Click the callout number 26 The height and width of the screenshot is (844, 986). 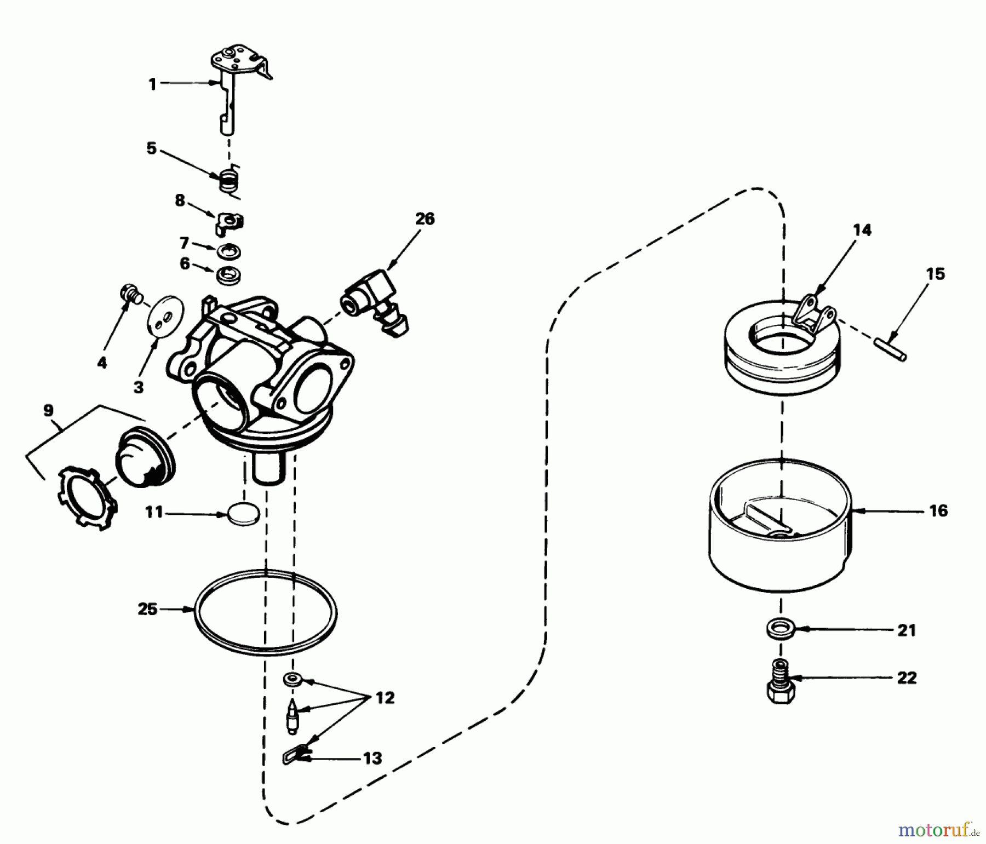pyautogui.click(x=425, y=219)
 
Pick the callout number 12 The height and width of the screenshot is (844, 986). pyautogui.click(x=385, y=698)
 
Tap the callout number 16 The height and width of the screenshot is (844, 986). pyautogui.click(x=938, y=511)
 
